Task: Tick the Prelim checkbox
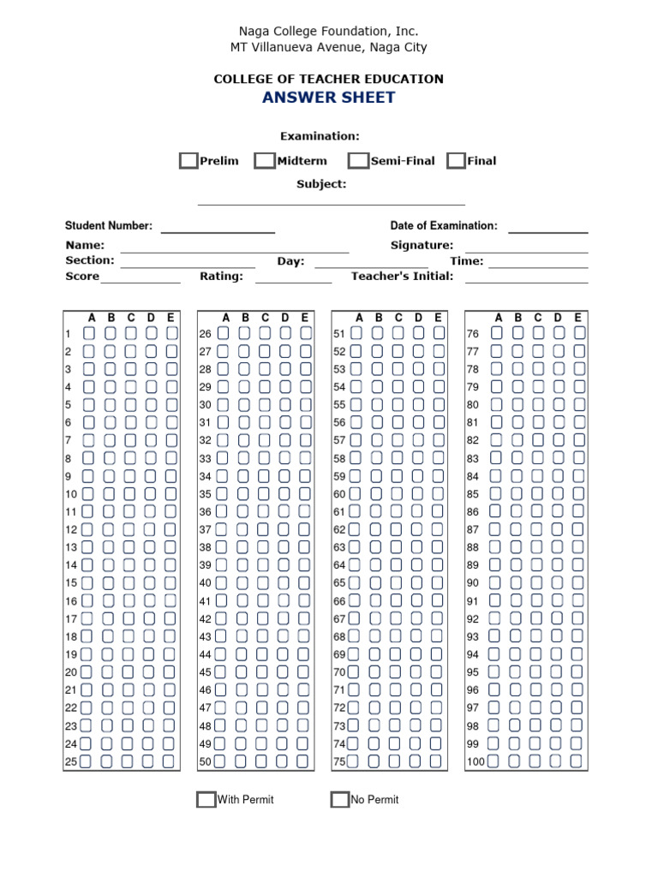(188, 160)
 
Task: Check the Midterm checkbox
(265, 160)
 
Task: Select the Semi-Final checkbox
(358, 160)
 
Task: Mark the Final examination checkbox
(457, 160)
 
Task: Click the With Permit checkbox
(206, 800)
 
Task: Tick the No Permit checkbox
(340, 800)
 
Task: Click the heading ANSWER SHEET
(329, 97)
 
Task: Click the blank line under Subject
(332, 202)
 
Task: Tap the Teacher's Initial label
(403, 277)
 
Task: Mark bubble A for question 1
(90, 333)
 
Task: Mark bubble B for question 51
(377, 333)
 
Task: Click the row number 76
(473, 334)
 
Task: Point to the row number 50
(206, 762)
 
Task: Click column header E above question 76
(578, 318)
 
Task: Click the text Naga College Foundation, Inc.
(329, 32)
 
